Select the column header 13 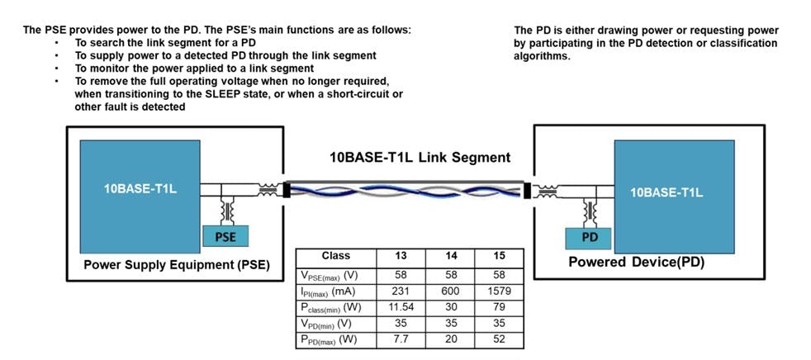coord(401,256)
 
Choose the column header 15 coord(499,256)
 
